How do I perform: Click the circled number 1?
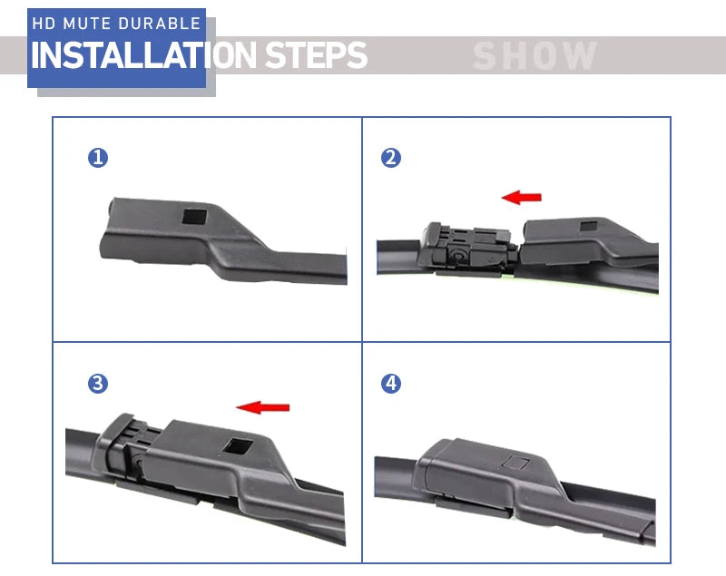point(98,158)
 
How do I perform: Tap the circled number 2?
point(391,158)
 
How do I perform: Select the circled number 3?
point(98,384)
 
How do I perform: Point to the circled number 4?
point(391,384)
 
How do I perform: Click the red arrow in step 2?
point(521,197)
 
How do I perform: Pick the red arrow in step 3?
point(262,407)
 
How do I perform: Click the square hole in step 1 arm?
point(194,216)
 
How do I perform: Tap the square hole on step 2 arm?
point(589,226)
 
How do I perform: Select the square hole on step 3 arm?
point(238,446)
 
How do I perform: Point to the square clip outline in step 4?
point(516,463)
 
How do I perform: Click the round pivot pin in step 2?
point(458,255)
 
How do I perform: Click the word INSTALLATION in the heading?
point(143,55)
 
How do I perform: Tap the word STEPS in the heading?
point(316,55)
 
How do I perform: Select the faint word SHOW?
point(535,55)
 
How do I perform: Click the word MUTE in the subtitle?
point(86,24)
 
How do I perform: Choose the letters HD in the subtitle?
point(44,24)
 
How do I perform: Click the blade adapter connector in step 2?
point(467,248)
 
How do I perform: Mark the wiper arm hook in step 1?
point(222,239)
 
